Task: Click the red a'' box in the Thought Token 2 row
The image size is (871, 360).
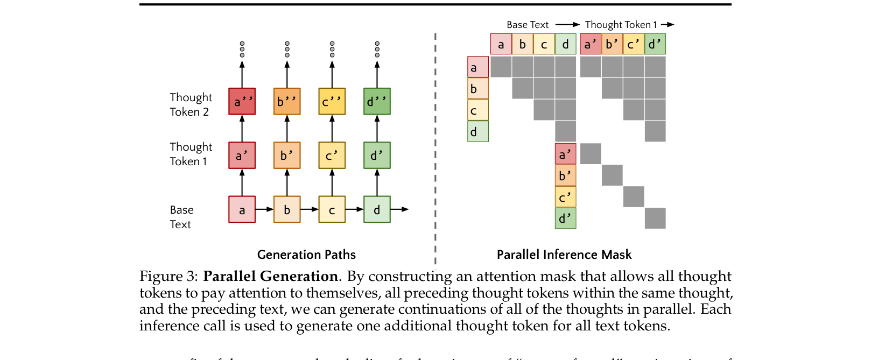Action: (x=242, y=101)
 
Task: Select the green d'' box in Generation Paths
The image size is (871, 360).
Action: (x=377, y=101)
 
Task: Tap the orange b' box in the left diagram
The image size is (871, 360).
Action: (x=287, y=155)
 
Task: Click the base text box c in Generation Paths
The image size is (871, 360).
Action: (x=332, y=209)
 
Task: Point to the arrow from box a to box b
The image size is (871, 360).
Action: (x=264, y=209)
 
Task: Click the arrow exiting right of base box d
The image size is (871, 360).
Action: (x=399, y=209)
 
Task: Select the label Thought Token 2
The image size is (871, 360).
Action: (x=191, y=104)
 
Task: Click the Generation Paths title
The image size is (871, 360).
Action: (x=306, y=255)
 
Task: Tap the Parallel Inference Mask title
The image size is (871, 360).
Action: (x=564, y=255)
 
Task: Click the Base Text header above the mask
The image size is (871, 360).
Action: (x=527, y=25)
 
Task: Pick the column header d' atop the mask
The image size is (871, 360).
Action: (x=655, y=44)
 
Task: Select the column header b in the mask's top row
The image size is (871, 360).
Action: (x=522, y=44)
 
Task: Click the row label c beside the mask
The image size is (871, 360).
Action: (x=477, y=110)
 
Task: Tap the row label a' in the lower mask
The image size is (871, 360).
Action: (x=565, y=154)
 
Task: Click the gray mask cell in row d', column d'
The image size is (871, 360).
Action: (x=655, y=218)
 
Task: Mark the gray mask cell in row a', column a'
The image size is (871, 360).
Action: (x=591, y=154)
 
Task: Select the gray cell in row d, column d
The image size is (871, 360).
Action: (x=565, y=131)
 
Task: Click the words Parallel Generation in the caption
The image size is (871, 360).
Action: (x=270, y=276)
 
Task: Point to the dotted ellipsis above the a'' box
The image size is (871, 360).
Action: (x=242, y=49)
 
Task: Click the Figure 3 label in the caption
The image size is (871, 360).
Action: (x=168, y=276)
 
